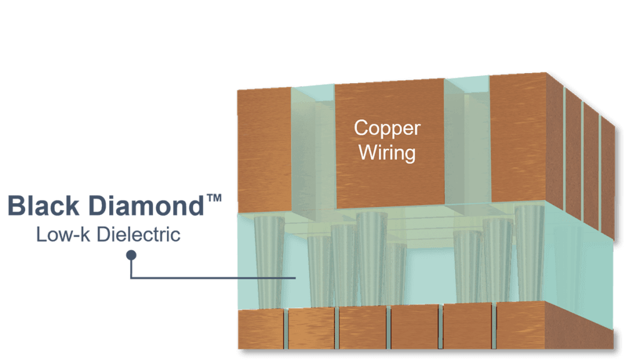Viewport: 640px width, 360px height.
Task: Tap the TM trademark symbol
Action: pyautogui.click(x=214, y=198)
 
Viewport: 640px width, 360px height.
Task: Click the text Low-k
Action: pyautogui.click(x=63, y=234)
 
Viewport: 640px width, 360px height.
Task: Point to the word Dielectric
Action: pyautogui.click(x=139, y=234)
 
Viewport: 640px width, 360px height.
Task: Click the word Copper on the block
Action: pyautogui.click(x=387, y=128)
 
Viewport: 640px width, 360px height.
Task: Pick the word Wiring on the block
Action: pyautogui.click(x=387, y=152)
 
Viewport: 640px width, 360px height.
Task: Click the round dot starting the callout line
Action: pyautogui.click(x=131, y=255)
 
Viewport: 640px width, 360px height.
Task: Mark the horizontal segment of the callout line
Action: pyautogui.click(x=213, y=278)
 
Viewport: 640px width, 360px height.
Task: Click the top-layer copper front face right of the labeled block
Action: pyautogui.click(x=518, y=138)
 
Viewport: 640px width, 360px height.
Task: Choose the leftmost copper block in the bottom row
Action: pyautogui.click(x=261, y=329)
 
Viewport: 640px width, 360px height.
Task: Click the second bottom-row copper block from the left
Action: pyautogui.click(x=311, y=329)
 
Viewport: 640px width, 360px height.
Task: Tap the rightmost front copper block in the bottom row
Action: pyautogui.click(x=521, y=325)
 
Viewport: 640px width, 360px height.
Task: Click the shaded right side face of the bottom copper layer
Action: pyautogui.click(x=579, y=326)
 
